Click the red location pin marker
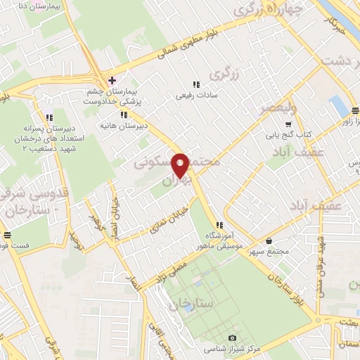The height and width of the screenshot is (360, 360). [x=181, y=165]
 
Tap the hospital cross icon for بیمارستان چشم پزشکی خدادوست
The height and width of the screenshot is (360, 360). [x=111, y=79]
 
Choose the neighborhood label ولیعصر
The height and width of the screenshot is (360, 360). [x=278, y=109]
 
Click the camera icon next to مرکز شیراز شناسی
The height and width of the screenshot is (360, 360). [x=233, y=337]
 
